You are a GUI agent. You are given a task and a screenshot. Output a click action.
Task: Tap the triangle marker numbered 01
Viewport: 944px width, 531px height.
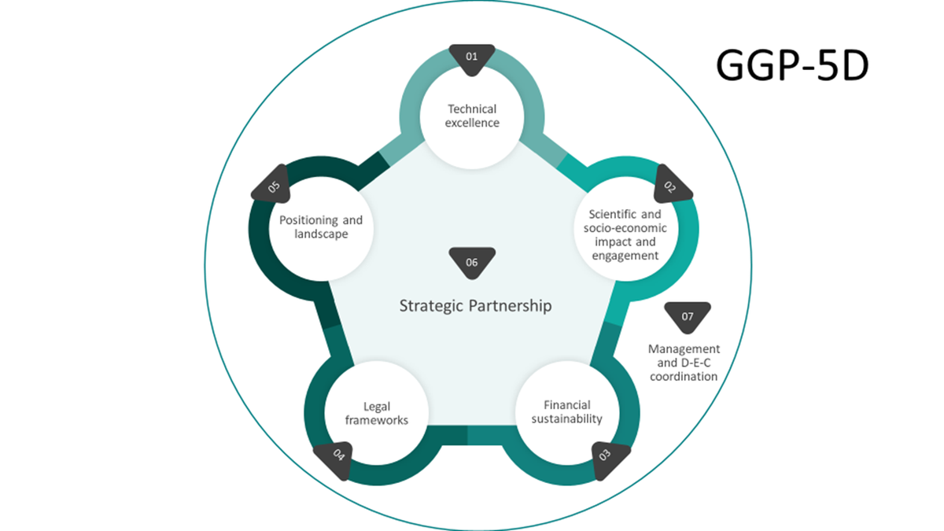point(472,58)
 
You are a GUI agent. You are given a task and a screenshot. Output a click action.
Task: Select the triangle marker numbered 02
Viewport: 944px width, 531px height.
point(673,184)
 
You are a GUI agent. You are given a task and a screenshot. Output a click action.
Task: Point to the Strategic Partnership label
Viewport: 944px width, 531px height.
point(476,306)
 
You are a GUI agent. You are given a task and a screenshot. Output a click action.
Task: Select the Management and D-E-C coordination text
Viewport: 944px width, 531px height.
point(684,363)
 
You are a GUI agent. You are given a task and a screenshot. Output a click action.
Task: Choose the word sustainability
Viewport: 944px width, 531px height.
point(566,419)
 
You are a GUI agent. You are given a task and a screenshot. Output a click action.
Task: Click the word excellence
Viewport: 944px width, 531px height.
point(473,123)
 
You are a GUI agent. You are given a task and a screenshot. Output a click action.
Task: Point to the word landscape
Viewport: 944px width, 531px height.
point(321,234)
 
